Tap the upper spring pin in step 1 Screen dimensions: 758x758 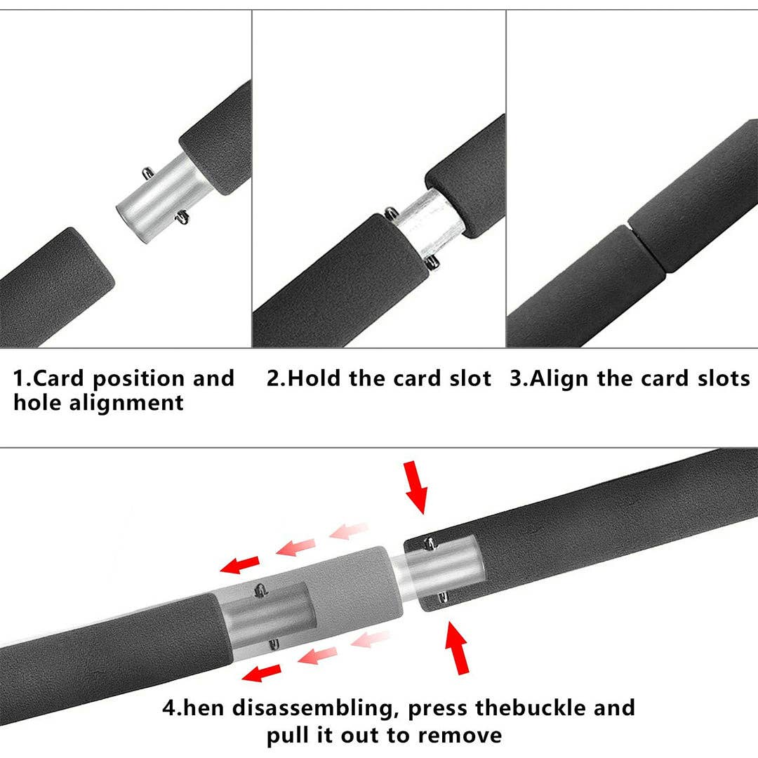[x=148, y=171]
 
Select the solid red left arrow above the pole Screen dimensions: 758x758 [x=239, y=564]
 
